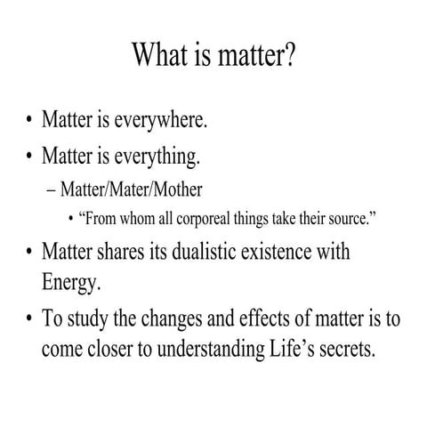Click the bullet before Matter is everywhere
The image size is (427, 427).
tap(28, 121)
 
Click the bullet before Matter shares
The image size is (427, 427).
tap(28, 253)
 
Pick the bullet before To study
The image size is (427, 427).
tap(28, 318)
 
